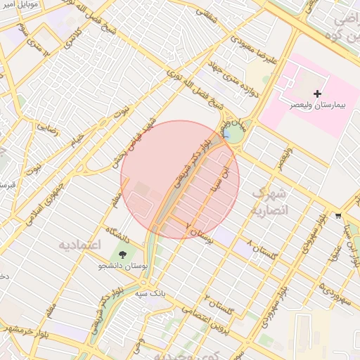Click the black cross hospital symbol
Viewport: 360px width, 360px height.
click(317, 94)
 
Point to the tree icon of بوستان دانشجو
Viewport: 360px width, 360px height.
click(123, 255)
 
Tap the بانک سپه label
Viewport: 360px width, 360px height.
click(150, 290)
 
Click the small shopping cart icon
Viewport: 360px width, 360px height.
click(338, 216)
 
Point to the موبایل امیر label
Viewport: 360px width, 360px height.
click(20, 5)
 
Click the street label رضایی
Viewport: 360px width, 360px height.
click(48, 128)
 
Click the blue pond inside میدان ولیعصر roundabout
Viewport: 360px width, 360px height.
click(226, 132)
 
